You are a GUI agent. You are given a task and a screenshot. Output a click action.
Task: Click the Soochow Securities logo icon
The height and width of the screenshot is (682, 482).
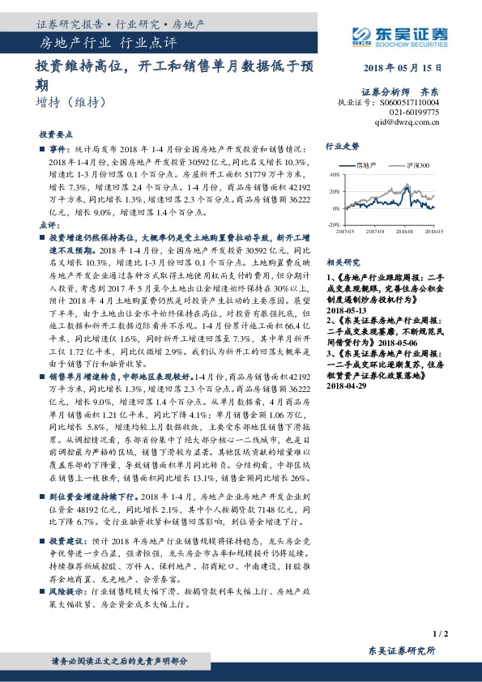coord(361,34)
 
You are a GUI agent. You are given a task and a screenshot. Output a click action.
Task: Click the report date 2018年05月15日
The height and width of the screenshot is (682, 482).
coord(402,69)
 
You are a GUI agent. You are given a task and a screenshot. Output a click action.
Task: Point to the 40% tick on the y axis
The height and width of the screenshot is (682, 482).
coord(334,175)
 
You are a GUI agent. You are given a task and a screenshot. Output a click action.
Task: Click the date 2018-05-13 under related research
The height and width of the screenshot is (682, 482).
coord(346,309)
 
